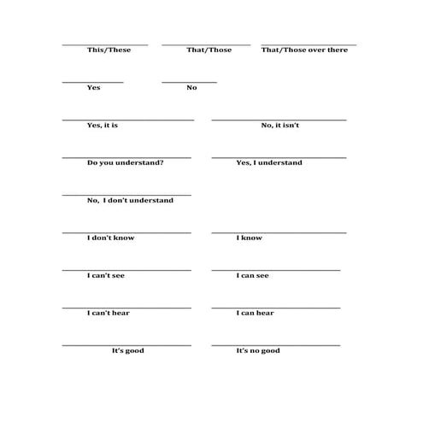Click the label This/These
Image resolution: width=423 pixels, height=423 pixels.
click(109, 50)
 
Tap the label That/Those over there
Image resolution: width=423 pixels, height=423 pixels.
click(303, 50)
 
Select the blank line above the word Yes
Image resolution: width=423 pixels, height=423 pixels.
click(92, 82)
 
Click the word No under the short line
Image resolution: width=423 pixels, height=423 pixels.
click(191, 87)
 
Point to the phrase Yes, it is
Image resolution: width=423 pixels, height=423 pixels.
click(103, 125)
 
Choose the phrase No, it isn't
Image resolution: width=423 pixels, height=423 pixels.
click(280, 125)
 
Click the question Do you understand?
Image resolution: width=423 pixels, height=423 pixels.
click(126, 162)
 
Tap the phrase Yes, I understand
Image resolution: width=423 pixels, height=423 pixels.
click(268, 162)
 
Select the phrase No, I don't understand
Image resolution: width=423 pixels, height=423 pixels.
click(130, 200)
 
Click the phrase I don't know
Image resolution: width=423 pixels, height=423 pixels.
click(110, 238)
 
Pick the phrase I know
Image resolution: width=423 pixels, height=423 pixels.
click(250, 238)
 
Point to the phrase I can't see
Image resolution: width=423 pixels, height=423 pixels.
click(108, 275)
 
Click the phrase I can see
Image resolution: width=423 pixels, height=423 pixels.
click(253, 275)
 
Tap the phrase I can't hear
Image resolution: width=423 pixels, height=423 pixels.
click(109, 313)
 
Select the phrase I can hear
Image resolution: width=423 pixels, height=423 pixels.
click(255, 313)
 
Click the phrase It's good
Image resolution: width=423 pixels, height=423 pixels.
click(128, 350)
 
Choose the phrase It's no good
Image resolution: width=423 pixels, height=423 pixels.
click(258, 350)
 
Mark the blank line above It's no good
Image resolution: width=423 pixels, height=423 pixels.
click(275, 344)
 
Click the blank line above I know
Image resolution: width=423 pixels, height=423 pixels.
click(279, 232)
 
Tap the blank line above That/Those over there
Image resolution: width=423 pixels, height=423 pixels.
click(308, 44)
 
